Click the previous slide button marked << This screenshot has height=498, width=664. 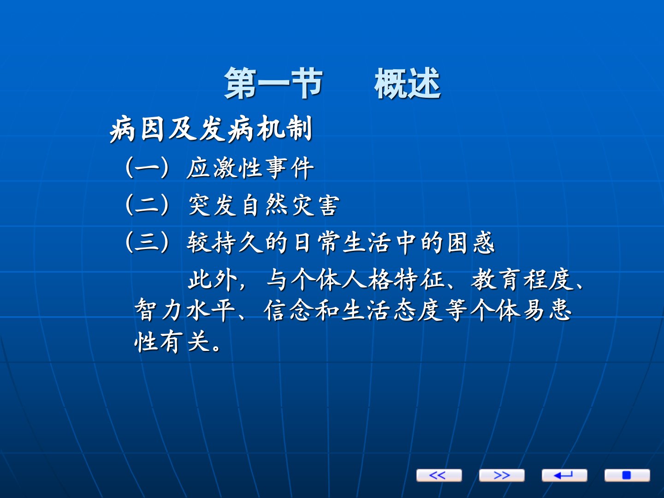[x=439, y=475]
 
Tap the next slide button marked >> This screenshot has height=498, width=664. [x=502, y=475]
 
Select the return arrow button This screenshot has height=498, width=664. [x=564, y=475]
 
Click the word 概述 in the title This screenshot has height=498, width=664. [x=407, y=83]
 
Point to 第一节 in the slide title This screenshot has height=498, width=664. [x=273, y=83]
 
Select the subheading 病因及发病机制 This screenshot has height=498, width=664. [x=211, y=129]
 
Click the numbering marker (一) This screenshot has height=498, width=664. [x=147, y=167]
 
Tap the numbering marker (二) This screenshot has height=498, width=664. [x=147, y=205]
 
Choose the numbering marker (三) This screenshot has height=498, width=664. [x=147, y=242]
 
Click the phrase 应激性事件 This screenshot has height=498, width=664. [x=250, y=168]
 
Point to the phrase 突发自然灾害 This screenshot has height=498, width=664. [x=263, y=205]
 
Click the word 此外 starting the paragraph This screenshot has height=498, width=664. [x=212, y=280]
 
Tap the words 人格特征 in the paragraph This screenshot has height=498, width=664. [x=394, y=280]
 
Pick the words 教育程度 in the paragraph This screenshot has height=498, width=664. [x=523, y=280]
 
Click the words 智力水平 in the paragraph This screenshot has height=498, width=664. [x=185, y=310]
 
